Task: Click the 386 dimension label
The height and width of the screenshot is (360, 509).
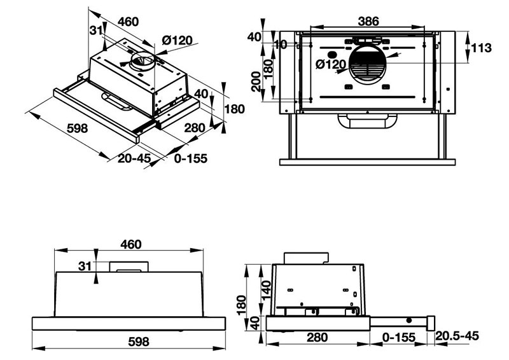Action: coord(368,21)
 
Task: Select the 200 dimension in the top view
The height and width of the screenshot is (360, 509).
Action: coord(256,82)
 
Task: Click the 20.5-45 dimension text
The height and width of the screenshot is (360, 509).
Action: coord(456,336)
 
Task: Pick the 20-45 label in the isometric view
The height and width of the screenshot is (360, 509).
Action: coord(134,158)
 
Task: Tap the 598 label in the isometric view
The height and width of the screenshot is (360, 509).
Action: coord(76,128)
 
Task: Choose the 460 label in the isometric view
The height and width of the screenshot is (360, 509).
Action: coord(128,22)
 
